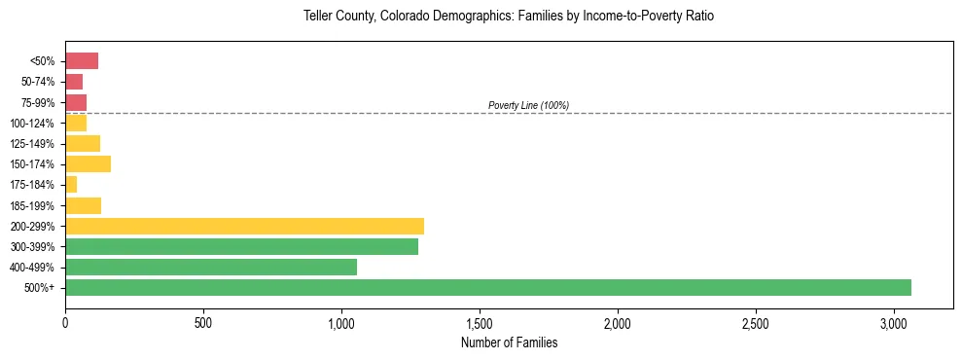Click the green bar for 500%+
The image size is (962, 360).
coord(487,287)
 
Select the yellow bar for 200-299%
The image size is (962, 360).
coord(244,226)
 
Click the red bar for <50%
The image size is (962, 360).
coord(82,61)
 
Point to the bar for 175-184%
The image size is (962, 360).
coord(71,184)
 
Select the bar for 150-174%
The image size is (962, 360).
coord(88,163)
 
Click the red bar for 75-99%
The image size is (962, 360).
coord(76,102)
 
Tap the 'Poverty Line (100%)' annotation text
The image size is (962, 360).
coord(528,105)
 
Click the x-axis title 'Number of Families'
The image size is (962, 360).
coord(509,342)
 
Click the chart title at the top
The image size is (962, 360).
coord(509,17)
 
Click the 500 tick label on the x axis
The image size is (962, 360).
coord(203,322)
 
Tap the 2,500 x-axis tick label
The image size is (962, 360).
coord(756,322)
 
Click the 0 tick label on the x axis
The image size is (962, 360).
coord(65,322)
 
